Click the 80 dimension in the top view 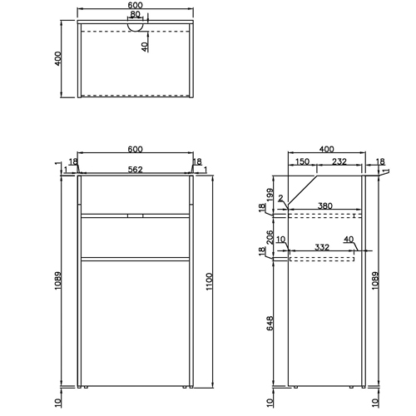[136, 14]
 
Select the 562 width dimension [135, 170]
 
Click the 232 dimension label [339, 162]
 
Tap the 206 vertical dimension [265, 237]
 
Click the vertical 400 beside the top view [59, 59]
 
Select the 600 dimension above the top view [136, 5]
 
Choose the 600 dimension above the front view [135, 149]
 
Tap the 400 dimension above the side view [326, 148]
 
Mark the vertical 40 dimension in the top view [145, 47]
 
